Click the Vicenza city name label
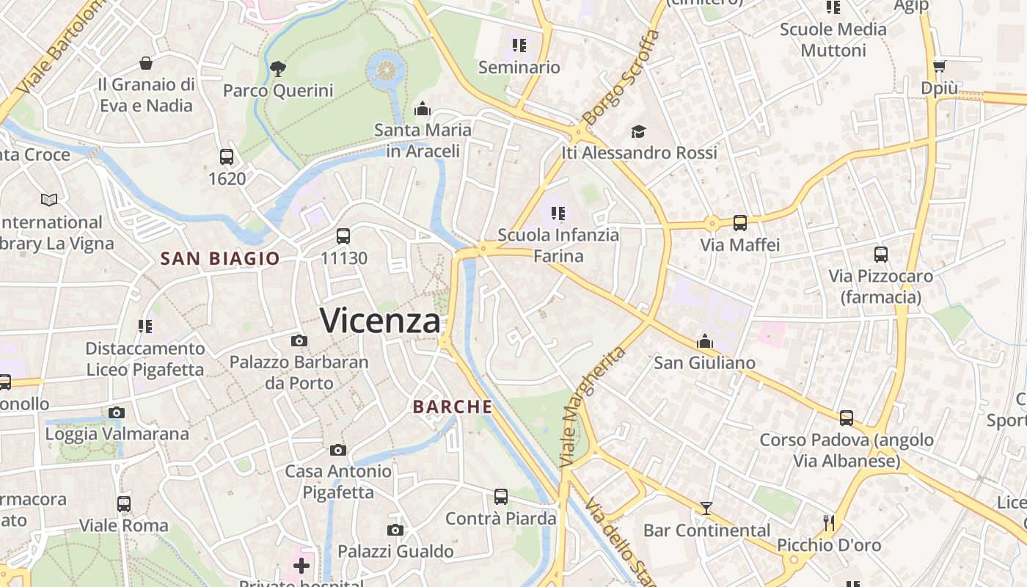pos(381,321)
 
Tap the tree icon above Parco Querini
pos(277,69)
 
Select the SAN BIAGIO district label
pos(220,258)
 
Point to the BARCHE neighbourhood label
pos(453,406)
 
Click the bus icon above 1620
pos(227,156)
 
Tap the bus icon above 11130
pos(343,236)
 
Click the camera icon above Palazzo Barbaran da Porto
pos(299,340)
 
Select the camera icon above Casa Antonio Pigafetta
pos(337,450)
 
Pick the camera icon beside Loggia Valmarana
pos(117,412)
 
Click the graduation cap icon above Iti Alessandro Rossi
pos(638,131)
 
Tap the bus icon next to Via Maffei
pos(739,223)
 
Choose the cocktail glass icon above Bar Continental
pos(706,508)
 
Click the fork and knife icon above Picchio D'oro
pos(829,522)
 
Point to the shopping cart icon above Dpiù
pos(939,66)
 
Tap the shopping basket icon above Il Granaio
pos(146,63)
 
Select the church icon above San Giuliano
pos(705,341)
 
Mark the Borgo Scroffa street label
pos(621,77)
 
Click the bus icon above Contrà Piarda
pos(501,497)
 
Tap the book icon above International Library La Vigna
pos(49,200)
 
